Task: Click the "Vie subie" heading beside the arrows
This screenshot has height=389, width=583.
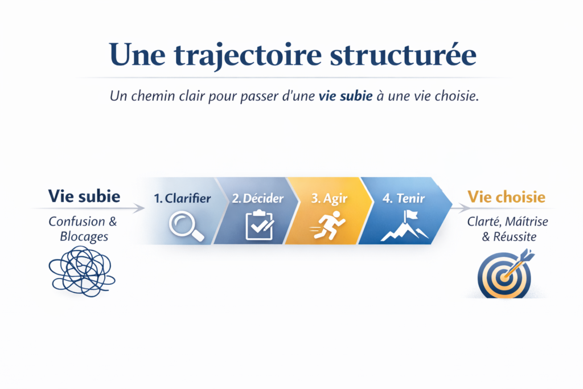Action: (84, 196)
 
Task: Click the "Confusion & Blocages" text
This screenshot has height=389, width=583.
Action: (83, 228)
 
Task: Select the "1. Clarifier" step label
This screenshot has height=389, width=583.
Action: (182, 199)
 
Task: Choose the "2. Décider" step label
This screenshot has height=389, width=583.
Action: (257, 199)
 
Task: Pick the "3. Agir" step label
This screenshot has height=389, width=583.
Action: (330, 199)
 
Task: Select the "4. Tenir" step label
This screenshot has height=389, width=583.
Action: (404, 199)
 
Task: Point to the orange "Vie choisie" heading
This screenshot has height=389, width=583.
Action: (506, 197)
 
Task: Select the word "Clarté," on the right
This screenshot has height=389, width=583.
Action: (482, 222)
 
